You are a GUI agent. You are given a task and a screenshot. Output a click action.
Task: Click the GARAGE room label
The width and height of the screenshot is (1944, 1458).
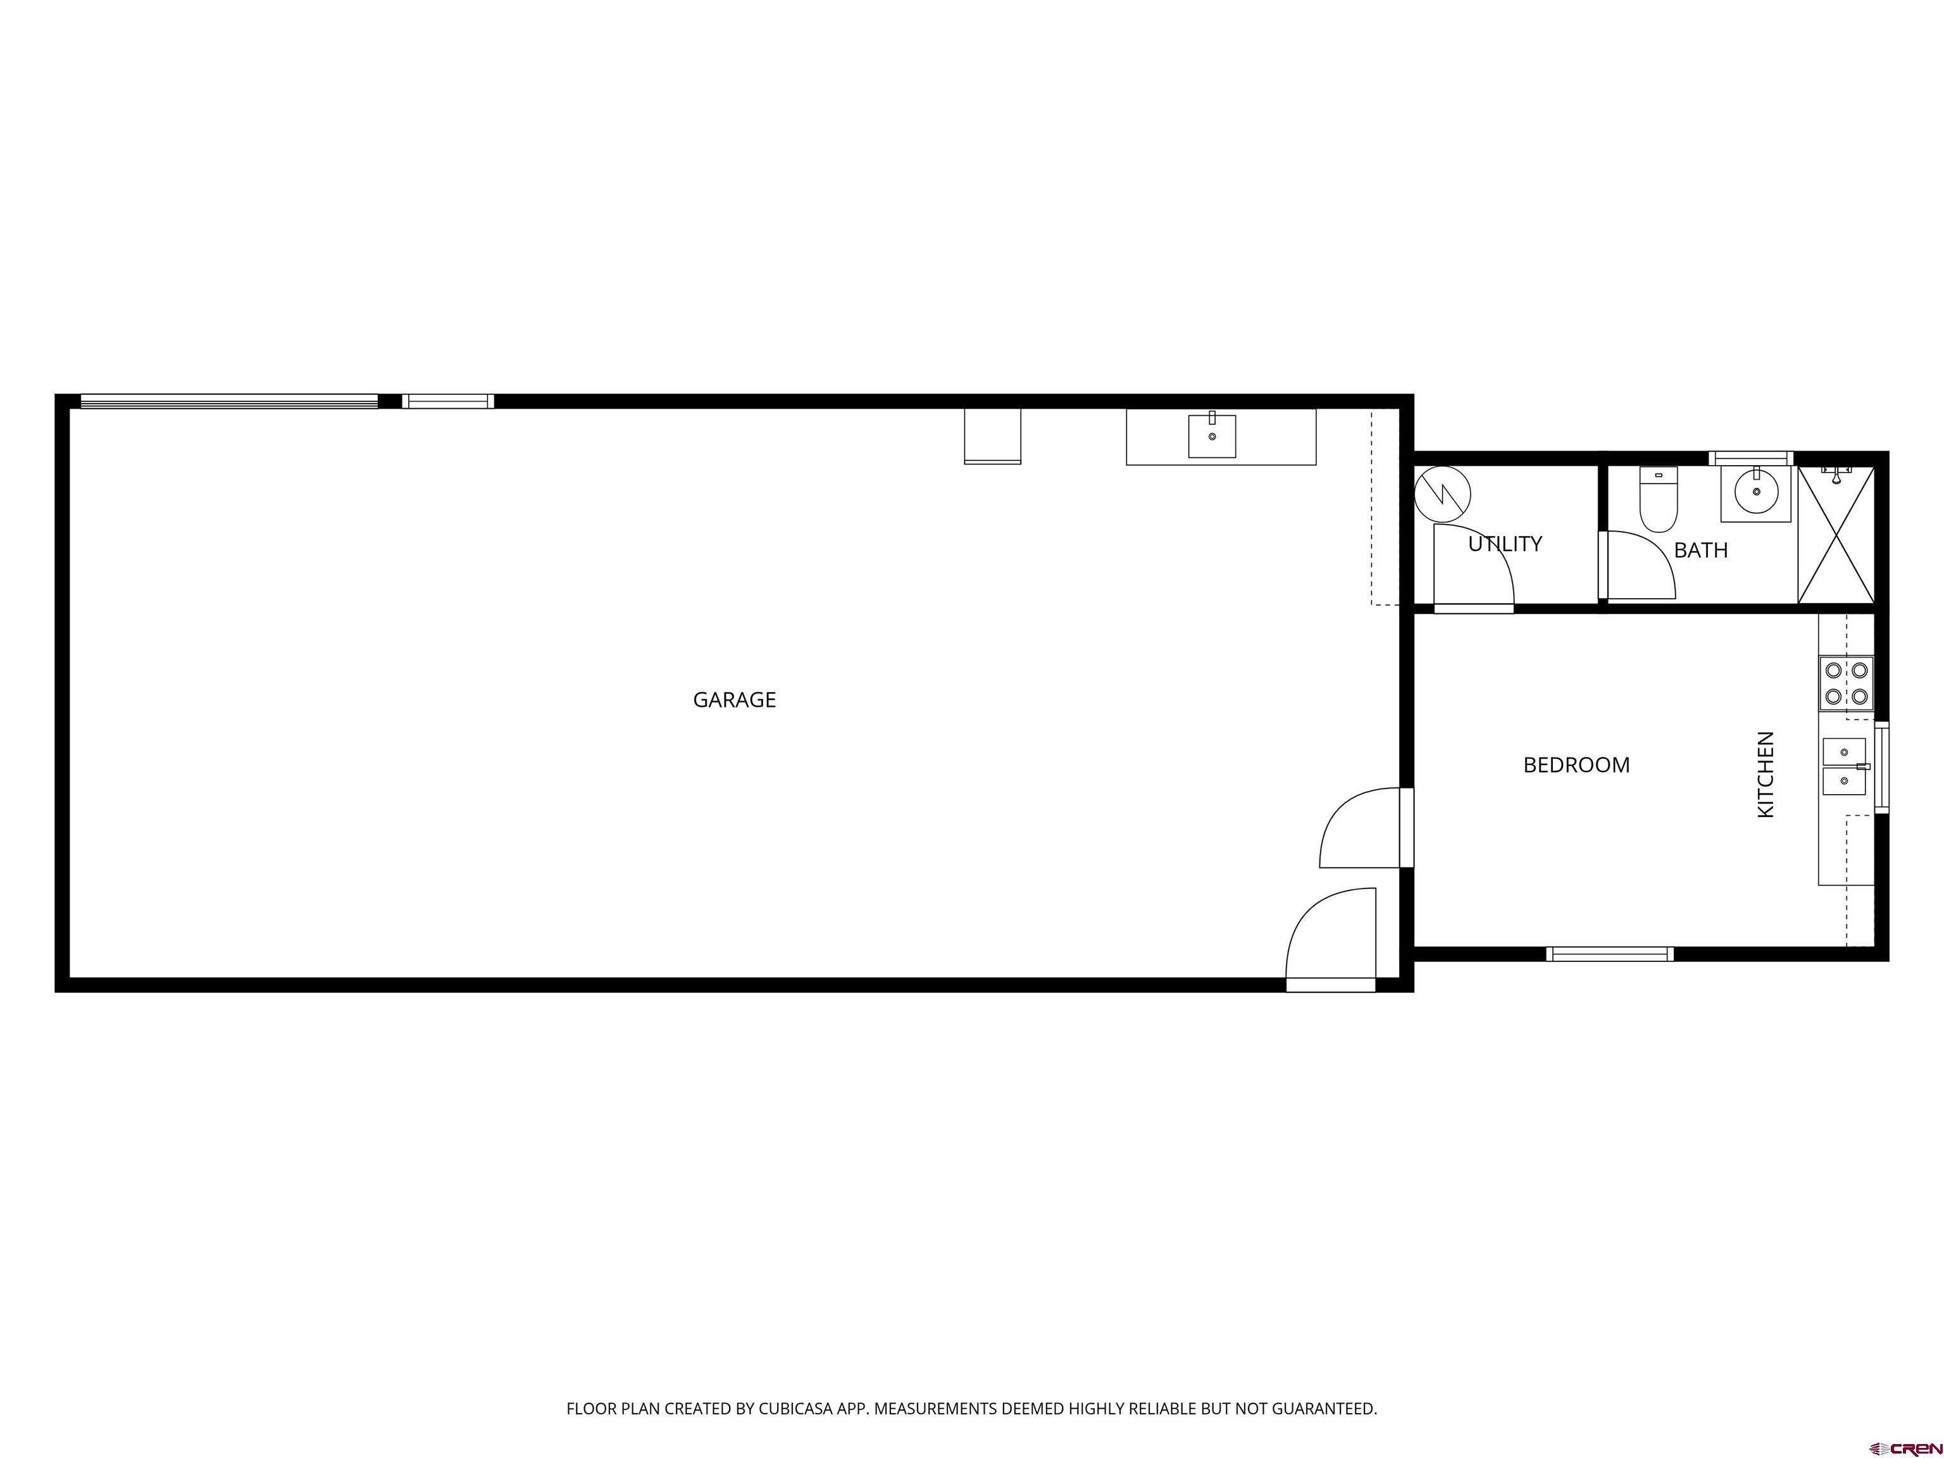[734, 699]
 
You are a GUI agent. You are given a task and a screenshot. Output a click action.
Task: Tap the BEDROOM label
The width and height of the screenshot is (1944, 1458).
[1576, 766]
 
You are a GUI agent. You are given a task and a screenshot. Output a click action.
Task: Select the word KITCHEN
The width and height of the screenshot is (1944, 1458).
[1766, 775]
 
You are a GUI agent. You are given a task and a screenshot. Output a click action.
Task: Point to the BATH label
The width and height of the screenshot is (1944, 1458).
[1700, 550]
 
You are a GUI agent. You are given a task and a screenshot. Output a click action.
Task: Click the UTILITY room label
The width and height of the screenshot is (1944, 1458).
[1505, 544]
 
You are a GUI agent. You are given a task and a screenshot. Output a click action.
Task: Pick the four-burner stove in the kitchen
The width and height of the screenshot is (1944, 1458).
[1845, 683]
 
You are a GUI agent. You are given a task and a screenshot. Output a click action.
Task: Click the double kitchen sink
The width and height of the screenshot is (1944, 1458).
[1844, 766]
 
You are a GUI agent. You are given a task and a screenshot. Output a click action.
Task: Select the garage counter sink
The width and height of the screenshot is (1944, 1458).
[1212, 436]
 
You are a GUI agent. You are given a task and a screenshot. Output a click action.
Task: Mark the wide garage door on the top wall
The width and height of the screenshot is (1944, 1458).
[229, 402]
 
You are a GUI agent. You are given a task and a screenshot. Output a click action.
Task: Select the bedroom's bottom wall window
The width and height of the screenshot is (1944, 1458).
[1609, 954]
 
